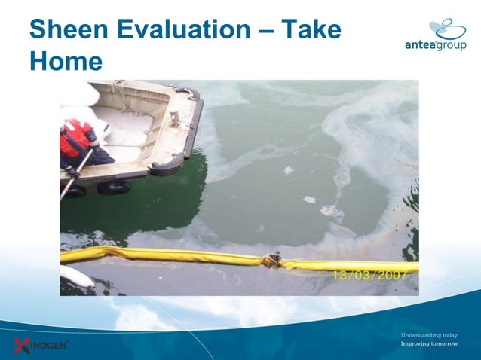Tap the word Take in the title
311,30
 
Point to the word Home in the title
66,61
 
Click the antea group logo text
435,45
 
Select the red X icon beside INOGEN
21,346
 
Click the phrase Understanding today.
429,334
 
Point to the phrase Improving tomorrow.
429,344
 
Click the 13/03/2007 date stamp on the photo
372,275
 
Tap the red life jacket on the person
75,140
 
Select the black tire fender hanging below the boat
113,188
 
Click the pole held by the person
75,174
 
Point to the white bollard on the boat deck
174,119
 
